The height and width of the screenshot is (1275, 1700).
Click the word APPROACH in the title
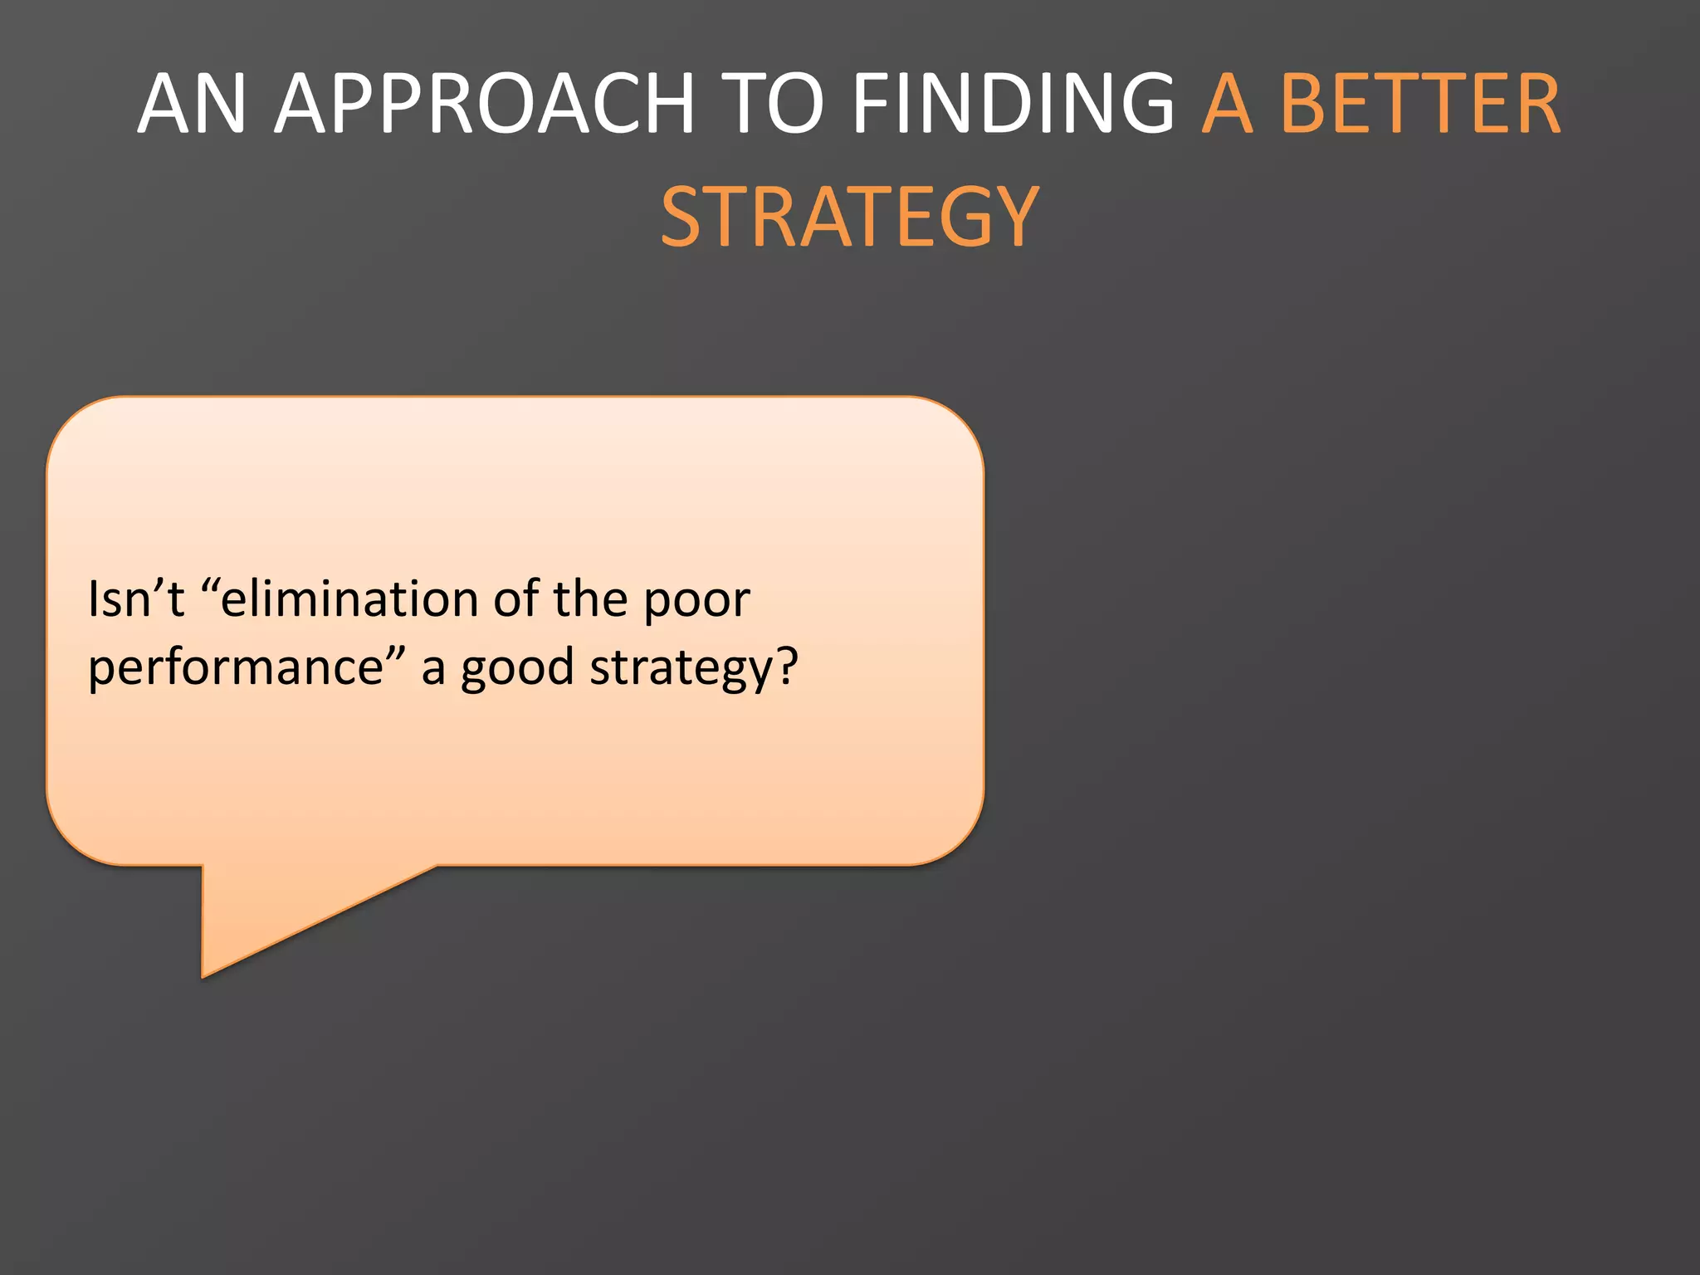[484, 104]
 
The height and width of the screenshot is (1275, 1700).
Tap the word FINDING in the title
[1013, 104]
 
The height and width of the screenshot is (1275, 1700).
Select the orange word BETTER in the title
[1420, 104]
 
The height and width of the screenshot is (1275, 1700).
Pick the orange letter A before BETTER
[1227, 104]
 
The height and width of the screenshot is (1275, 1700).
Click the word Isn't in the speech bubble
[136, 599]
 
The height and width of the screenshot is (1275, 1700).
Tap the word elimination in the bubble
[349, 599]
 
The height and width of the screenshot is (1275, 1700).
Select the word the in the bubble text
[590, 599]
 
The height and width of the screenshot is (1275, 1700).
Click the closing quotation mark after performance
[395, 652]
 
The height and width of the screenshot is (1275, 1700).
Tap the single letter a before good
[433, 671]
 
